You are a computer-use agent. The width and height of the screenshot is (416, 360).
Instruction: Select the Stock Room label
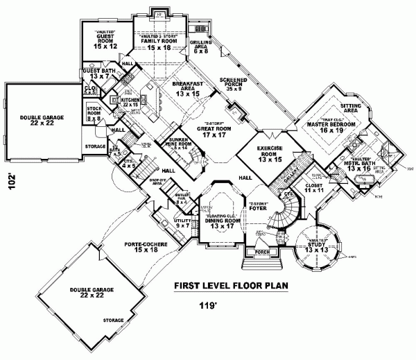[x=94, y=114]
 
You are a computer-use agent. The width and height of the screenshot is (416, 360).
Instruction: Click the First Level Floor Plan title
[x=231, y=286]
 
